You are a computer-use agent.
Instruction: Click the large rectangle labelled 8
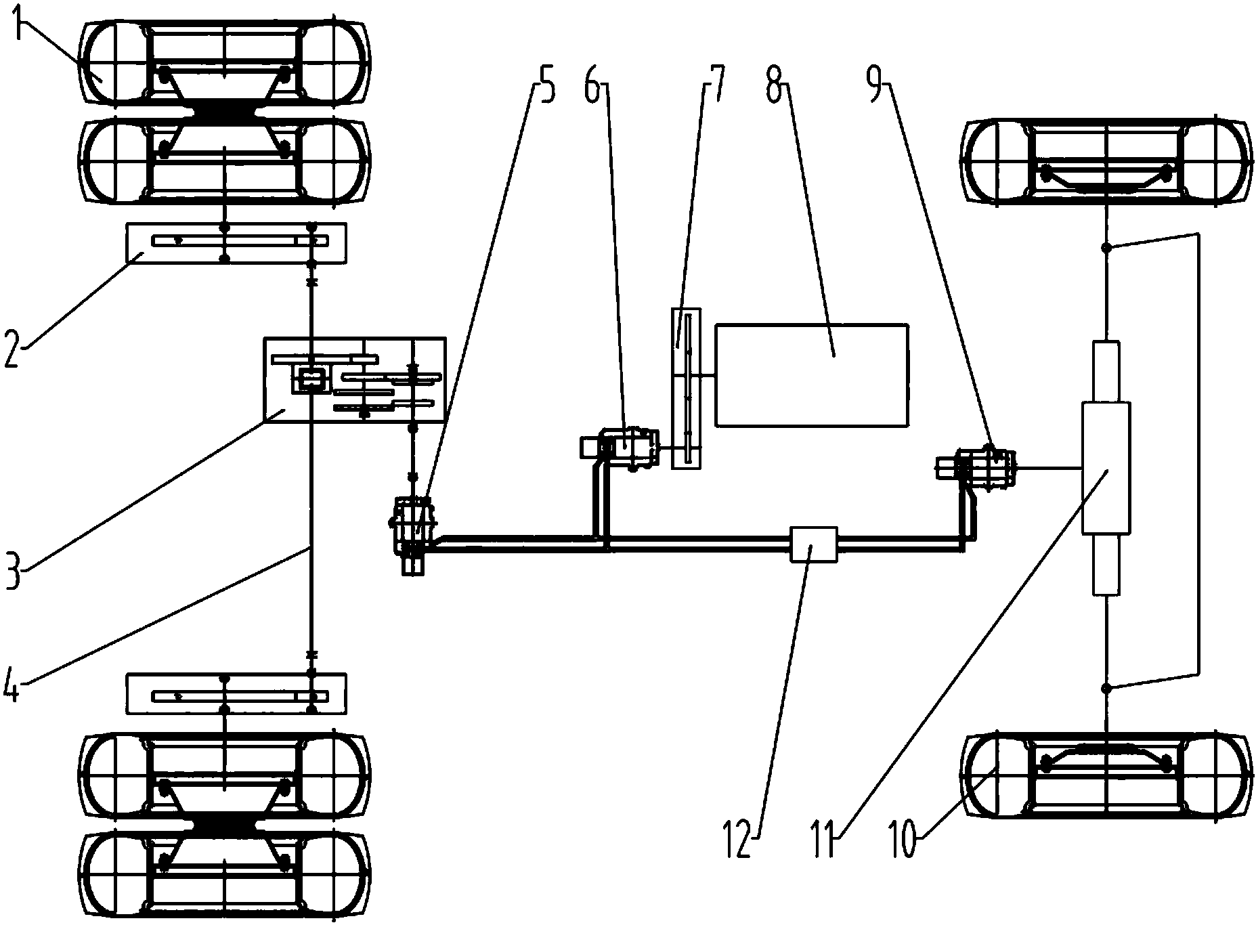811,374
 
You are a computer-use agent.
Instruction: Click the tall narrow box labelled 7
686,387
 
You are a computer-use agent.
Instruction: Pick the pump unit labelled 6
626,447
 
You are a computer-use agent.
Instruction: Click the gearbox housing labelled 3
353,379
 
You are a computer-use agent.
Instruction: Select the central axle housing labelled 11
1106,467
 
